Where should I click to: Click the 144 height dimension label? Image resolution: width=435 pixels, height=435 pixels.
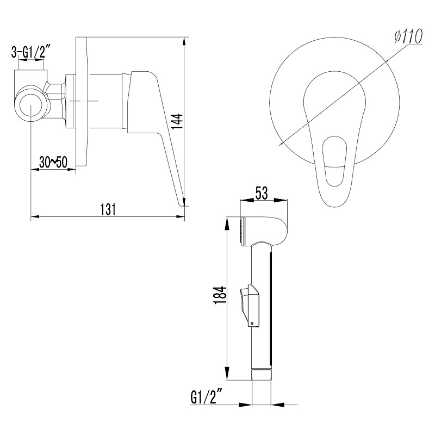pyautogui.click(x=177, y=121)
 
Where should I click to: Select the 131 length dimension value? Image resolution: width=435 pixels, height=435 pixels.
pyautogui.click(x=108, y=209)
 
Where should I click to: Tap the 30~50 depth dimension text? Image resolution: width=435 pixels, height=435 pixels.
pyautogui.click(x=53, y=162)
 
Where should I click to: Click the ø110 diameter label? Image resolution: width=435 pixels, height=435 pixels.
pyautogui.click(x=408, y=36)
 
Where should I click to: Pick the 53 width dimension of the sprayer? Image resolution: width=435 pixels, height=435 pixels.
pyautogui.click(x=262, y=193)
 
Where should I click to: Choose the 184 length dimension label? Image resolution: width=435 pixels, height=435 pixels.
pyautogui.click(x=220, y=295)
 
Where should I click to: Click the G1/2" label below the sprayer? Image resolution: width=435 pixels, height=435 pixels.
pyautogui.click(x=207, y=398)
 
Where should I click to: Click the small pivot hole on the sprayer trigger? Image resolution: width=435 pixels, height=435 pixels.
pyautogui.click(x=252, y=323)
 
